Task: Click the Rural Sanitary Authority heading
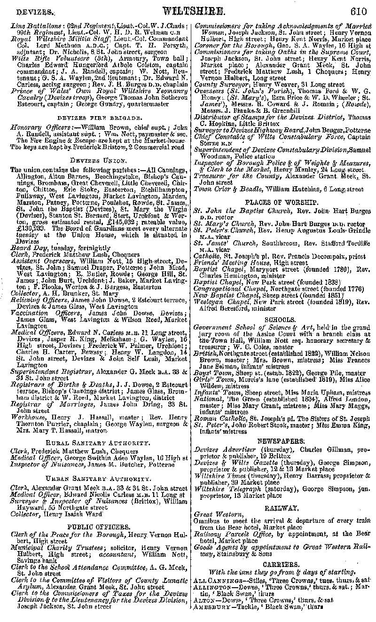(97, 443)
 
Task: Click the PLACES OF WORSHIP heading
(282, 202)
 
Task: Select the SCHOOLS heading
(282, 318)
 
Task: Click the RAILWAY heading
(282, 508)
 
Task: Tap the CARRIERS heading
(282, 564)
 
